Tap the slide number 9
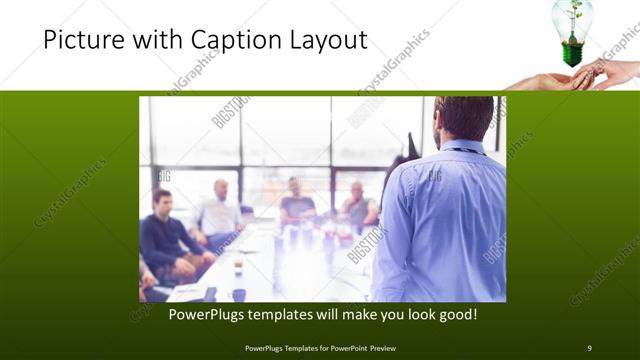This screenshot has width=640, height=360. [589, 347]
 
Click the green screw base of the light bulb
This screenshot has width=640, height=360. [573, 53]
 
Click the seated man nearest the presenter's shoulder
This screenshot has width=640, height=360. [358, 205]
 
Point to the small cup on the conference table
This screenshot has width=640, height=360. [237, 267]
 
